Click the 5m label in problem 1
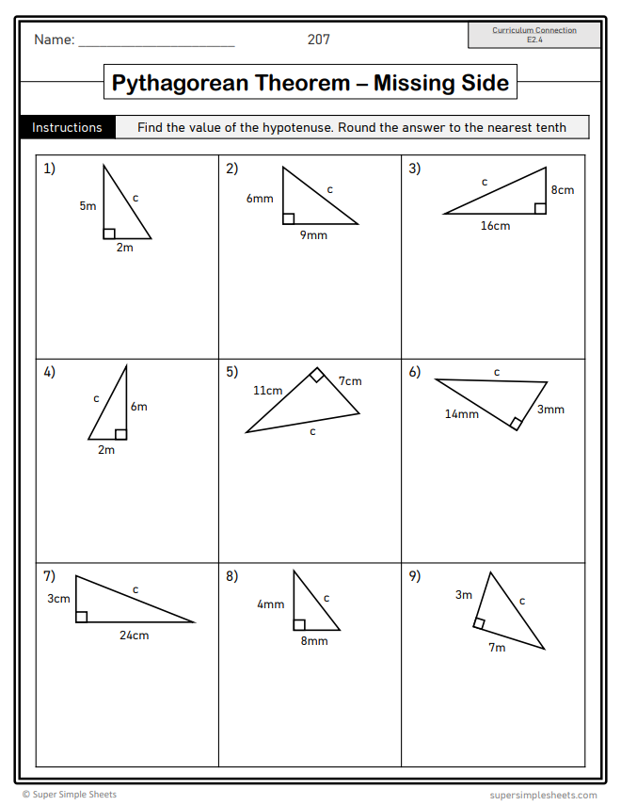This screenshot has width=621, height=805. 88,205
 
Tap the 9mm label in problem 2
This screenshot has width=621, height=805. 313,235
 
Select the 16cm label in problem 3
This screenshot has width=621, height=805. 495,226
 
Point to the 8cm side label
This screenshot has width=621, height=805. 563,190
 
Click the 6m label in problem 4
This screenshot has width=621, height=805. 139,407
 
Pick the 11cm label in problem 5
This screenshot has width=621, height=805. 267,391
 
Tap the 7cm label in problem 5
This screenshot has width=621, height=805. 350,381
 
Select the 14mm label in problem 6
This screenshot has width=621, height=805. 462,414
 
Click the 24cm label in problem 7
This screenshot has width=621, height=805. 134,636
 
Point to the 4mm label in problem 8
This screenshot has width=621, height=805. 270,604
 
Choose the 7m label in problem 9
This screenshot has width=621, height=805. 497,648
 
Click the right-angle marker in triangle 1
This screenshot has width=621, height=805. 109,233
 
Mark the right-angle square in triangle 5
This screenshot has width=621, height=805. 317,376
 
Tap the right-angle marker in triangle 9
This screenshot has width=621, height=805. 480,623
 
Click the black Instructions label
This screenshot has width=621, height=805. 67,127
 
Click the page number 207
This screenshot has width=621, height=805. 319,40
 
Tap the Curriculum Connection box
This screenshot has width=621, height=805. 534,35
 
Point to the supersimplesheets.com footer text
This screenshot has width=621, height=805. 543,795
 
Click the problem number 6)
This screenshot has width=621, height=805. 415,372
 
